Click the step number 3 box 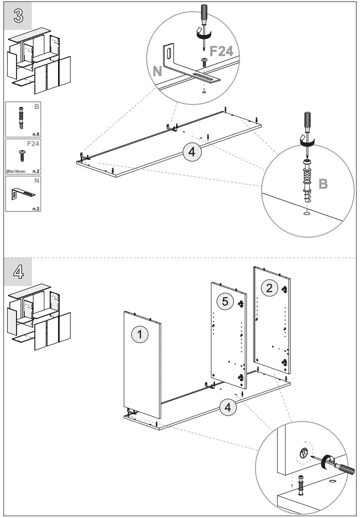(x=17, y=16)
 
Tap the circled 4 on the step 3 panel (x=191, y=152)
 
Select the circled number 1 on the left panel (x=139, y=334)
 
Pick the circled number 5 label (x=224, y=301)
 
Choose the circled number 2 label (x=269, y=288)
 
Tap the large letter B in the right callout (x=323, y=184)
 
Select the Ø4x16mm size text (x=16, y=169)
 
